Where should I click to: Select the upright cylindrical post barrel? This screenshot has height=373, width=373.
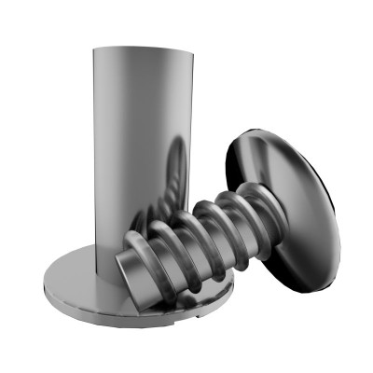pos(140,140)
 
